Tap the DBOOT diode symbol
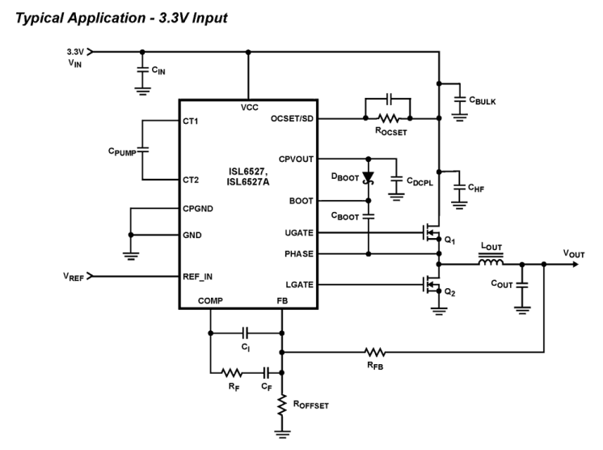click(368, 177)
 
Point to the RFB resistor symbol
click(374, 352)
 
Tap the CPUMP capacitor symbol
click(142, 150)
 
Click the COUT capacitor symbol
click(521, 285)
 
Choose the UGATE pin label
click(298, 233)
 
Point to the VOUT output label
click(575, 254)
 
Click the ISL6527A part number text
click(247, 182)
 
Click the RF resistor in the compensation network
click(232, 373)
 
